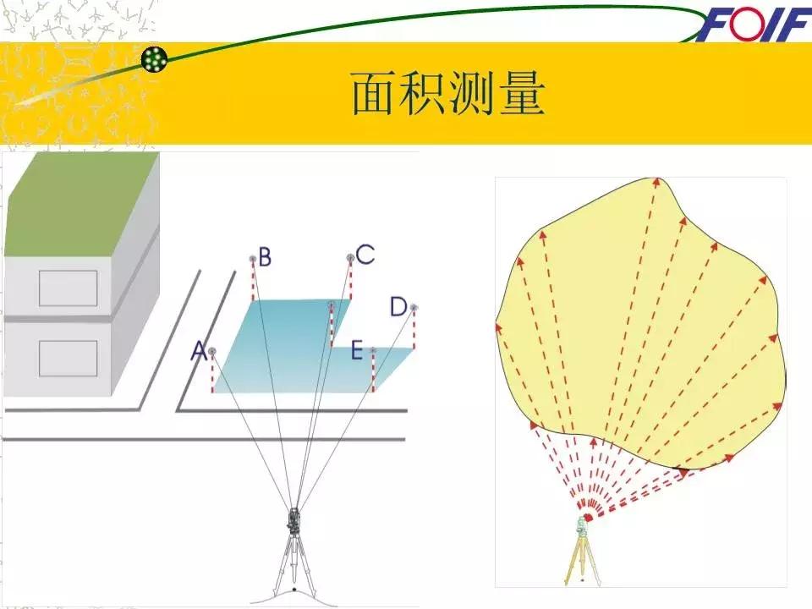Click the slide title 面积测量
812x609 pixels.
(447, 95)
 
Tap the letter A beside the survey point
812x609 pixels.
(198, 351)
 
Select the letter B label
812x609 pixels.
(265, 256)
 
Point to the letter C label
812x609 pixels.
(365, 254)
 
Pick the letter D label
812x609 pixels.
(398, 307)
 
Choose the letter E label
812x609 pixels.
(357, 349)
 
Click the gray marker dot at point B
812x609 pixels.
(252, 258)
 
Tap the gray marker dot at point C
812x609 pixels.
(349, 258)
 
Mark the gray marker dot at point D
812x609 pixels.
(414, 308)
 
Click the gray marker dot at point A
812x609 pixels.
(211, 351)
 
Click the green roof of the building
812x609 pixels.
(80, 203)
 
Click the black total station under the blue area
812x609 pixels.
(294, 520)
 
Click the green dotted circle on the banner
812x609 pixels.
(155, 58)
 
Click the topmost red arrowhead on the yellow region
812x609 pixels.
(656, 180)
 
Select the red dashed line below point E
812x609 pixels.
(373, 372)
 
